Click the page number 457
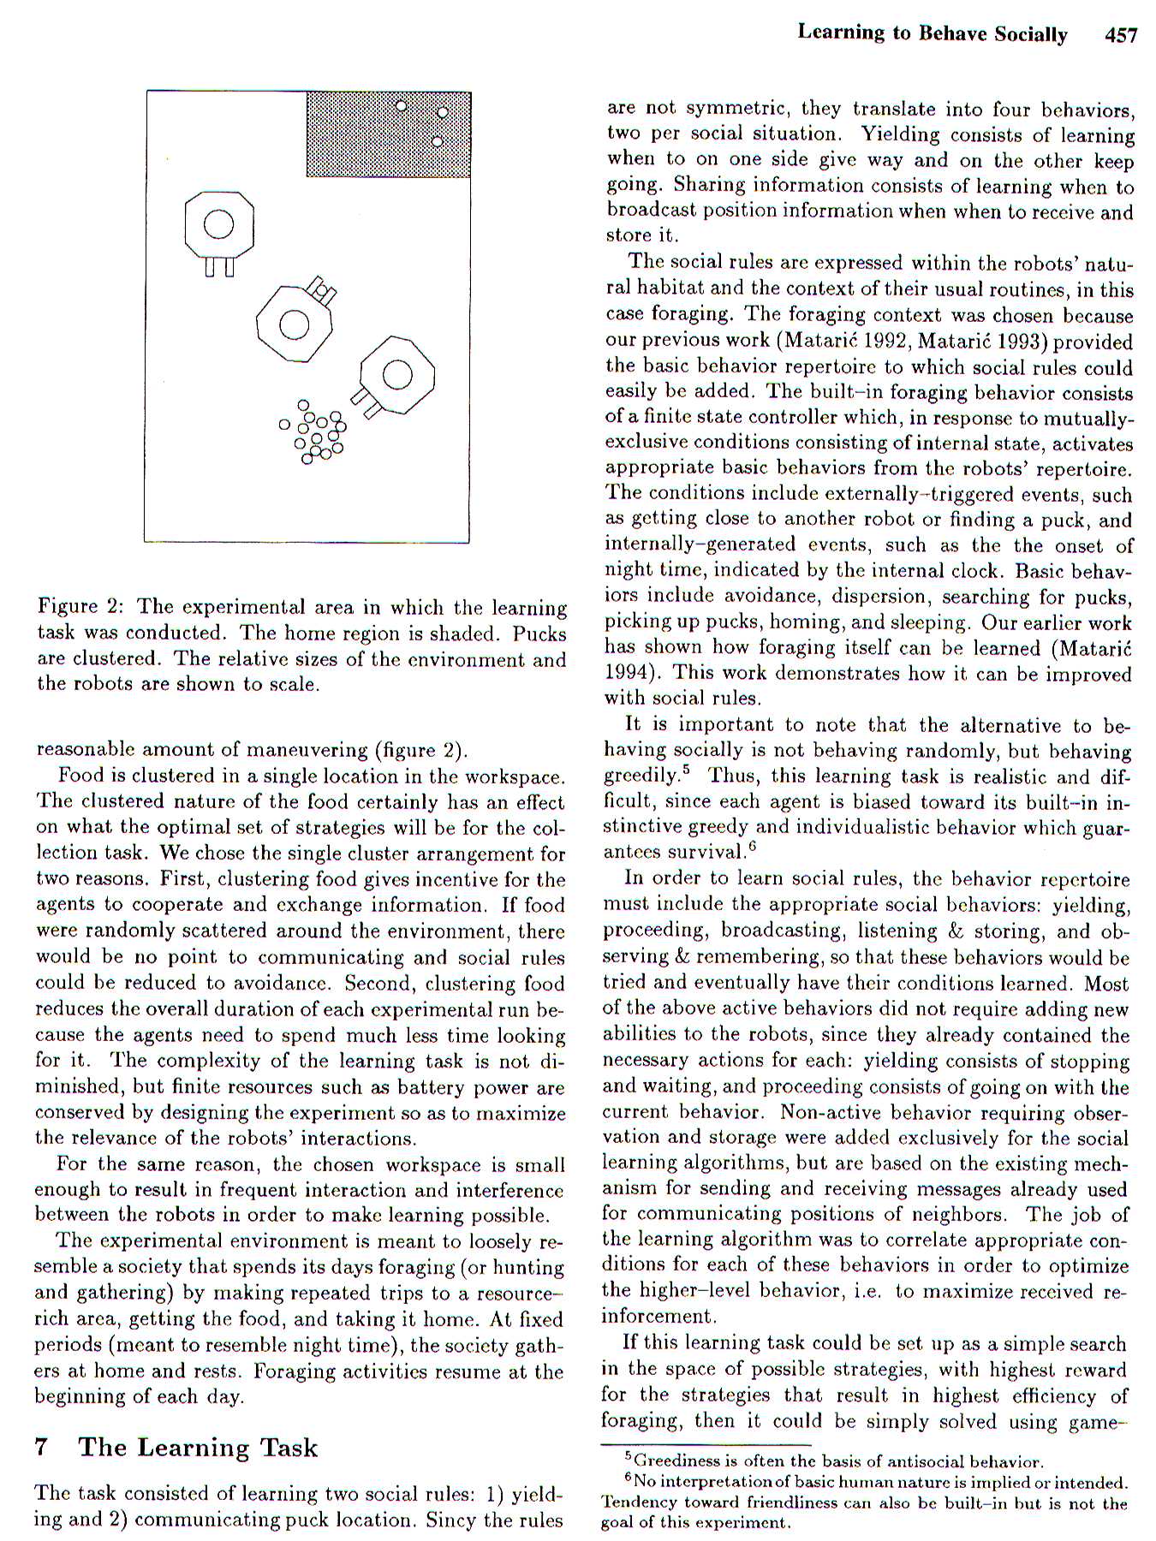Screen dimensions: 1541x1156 pyautogui.click(x=1121, y=34)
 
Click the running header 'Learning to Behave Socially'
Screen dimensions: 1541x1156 pyautogui.click(x=932, y=33)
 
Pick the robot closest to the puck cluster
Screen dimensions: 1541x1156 pyautogui.click(x=396, y=376)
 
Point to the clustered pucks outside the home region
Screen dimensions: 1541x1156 pyautogui.click(x=315, y=431)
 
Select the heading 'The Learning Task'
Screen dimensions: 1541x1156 pyautogui.click(x=198, y=1447)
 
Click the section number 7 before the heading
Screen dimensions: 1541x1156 pyautogui.click(x=41, y=1447)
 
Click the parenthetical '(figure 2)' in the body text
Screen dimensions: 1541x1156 pyautogui.click(x=422, y=750)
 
